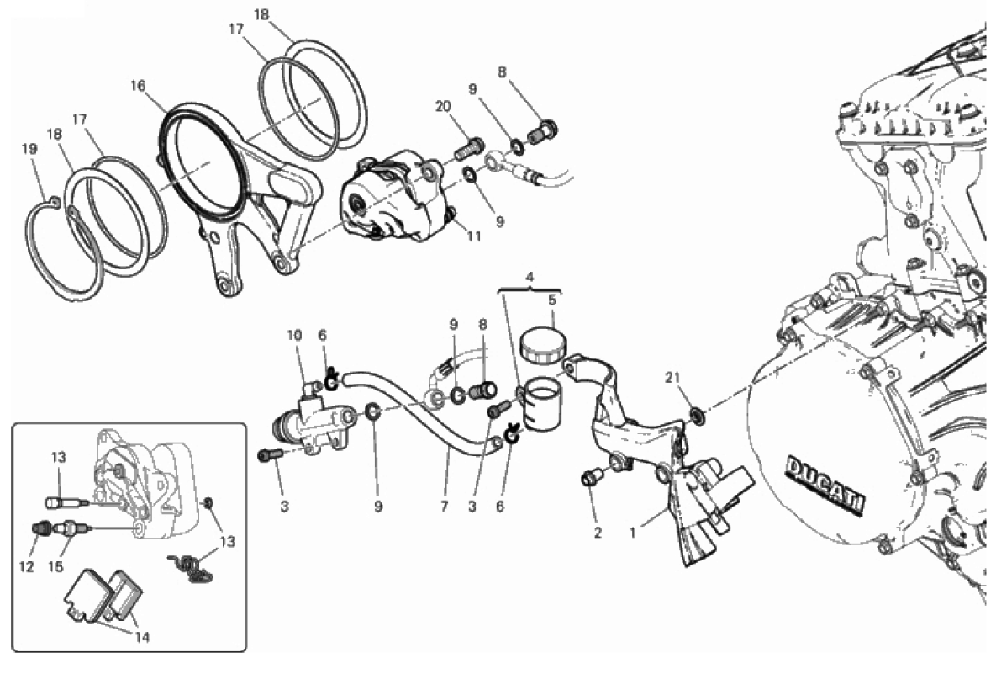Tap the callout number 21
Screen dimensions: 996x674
point(672,377)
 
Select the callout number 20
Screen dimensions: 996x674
point(443,106)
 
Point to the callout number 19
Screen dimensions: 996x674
point(29,149)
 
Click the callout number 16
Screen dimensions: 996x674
point(138,85)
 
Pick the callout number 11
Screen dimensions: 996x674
point(475,236)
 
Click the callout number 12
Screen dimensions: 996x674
point(26,567)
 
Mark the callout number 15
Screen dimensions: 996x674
point(56,567)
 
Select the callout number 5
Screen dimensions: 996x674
point(552,299)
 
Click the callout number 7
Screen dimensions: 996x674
point(444,507)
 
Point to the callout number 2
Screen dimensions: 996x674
point(597,533)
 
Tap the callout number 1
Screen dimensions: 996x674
point(632,533)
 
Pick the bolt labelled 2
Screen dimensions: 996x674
point(589,478)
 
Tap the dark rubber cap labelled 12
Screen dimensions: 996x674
point(42,528)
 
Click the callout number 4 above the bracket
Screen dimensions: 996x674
point(530,277)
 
